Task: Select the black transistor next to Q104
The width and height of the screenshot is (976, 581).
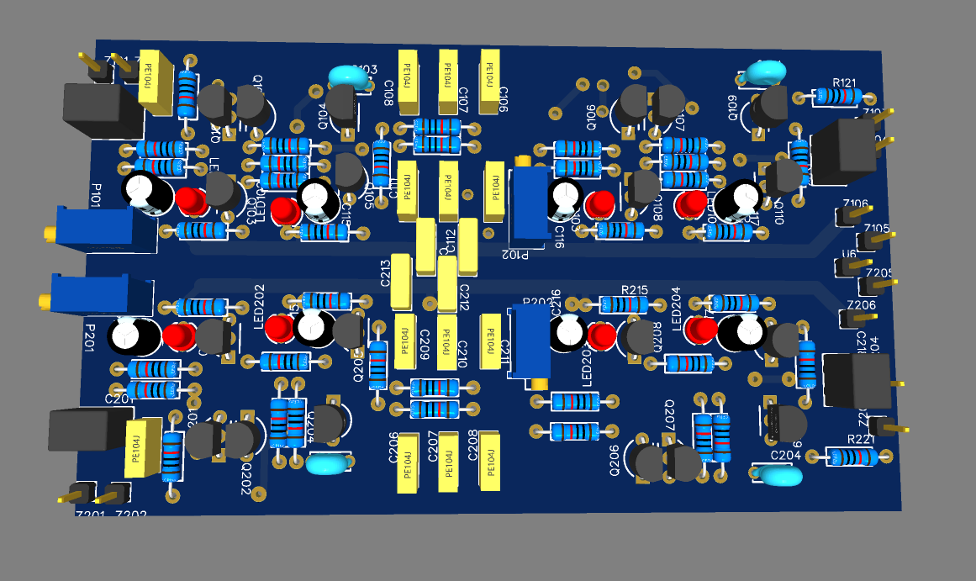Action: (342, 104)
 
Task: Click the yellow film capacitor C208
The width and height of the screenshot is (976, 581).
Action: (488, 459)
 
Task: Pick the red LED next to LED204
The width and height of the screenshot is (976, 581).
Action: (696, 330)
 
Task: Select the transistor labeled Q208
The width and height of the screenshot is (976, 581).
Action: (636, 338)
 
